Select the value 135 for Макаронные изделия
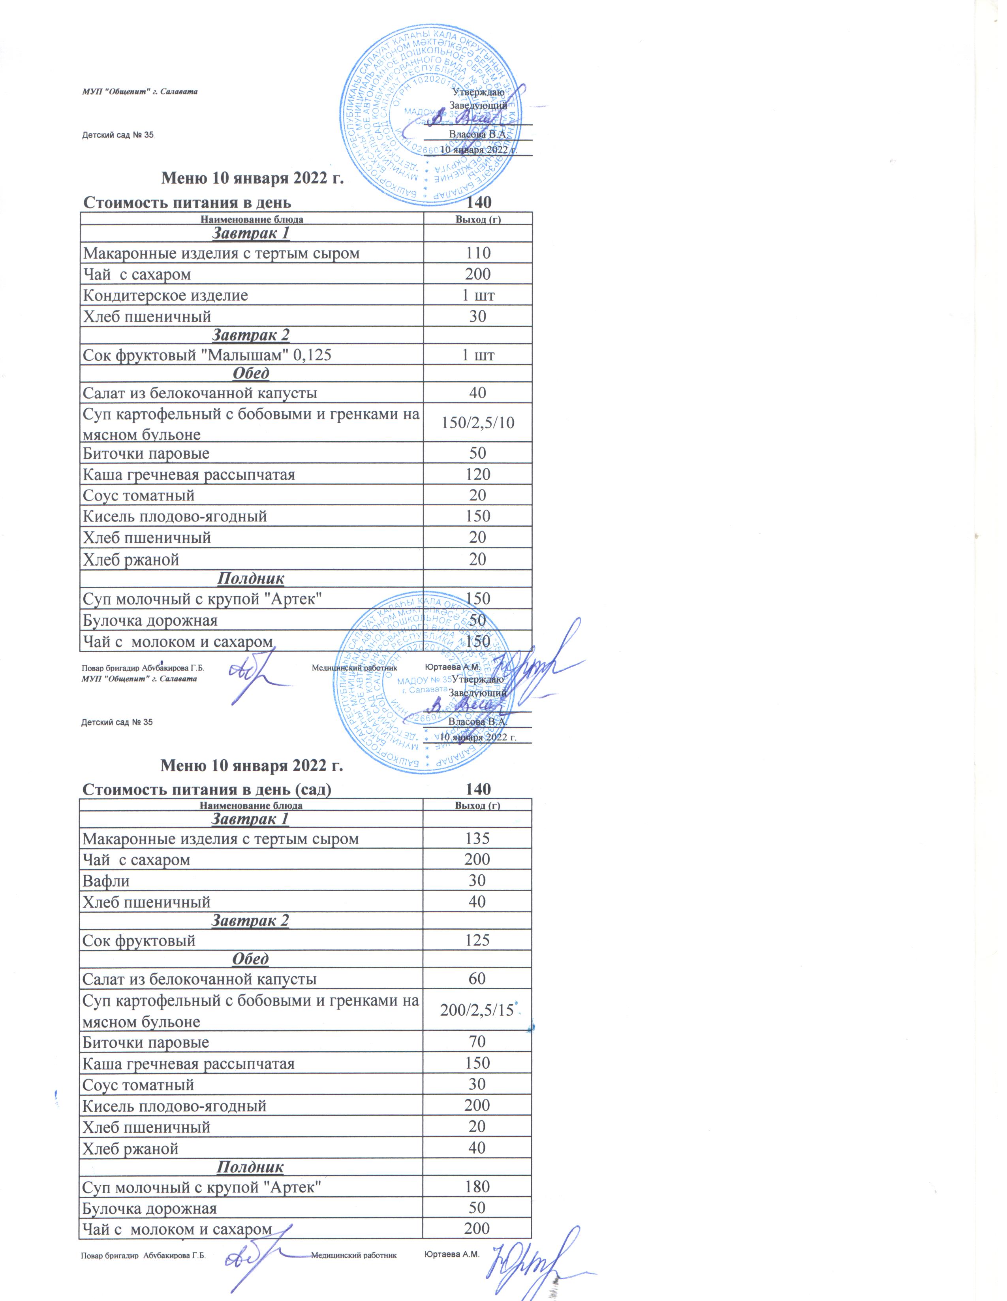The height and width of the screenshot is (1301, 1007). tap(477, 839)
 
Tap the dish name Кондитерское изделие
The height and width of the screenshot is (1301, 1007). tap(165, 296)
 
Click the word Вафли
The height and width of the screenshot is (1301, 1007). tap(106, 881)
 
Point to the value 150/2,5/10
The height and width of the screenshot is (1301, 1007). tap(477, 423)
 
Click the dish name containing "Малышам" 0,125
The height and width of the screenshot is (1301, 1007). tap(207, 355)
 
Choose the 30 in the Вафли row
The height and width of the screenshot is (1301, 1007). tap(477, 881)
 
